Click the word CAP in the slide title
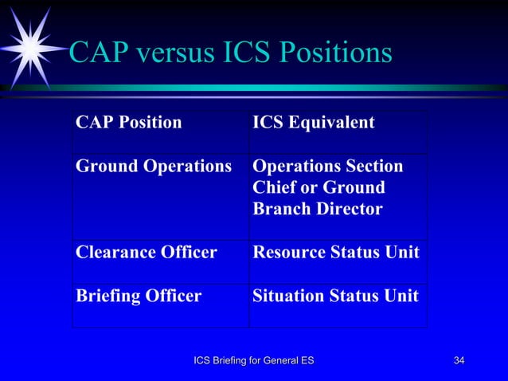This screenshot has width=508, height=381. (x=96, y=53)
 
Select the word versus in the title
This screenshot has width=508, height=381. (x=170, y=53)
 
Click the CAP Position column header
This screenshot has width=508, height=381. (x=128, y=124)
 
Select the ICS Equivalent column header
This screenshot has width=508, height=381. (x=314, y=124)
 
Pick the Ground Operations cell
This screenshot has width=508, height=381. (x=153, y=167)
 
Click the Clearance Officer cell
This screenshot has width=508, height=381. (x=146, y=253)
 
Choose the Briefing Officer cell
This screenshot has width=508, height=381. (x=139, y=296)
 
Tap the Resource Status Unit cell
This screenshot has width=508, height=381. (x=335, y=253)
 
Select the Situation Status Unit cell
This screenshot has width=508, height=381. (x=335, y=296)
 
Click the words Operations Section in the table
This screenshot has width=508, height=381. (x=327, y=167)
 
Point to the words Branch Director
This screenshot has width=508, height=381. (x=317, y=210)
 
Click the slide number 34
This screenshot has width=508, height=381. (x=459, y=362)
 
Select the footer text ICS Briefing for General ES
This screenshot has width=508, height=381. (x=254, y=362)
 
